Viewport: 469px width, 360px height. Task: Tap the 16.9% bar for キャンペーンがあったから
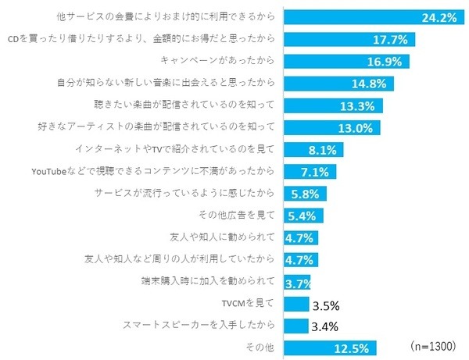pyautogui.click(x=347, y=60)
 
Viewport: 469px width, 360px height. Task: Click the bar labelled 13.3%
pyautogui.click(x=335, y=105)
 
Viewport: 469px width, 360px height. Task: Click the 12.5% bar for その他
pyautogui.click(x=332, y=348)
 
